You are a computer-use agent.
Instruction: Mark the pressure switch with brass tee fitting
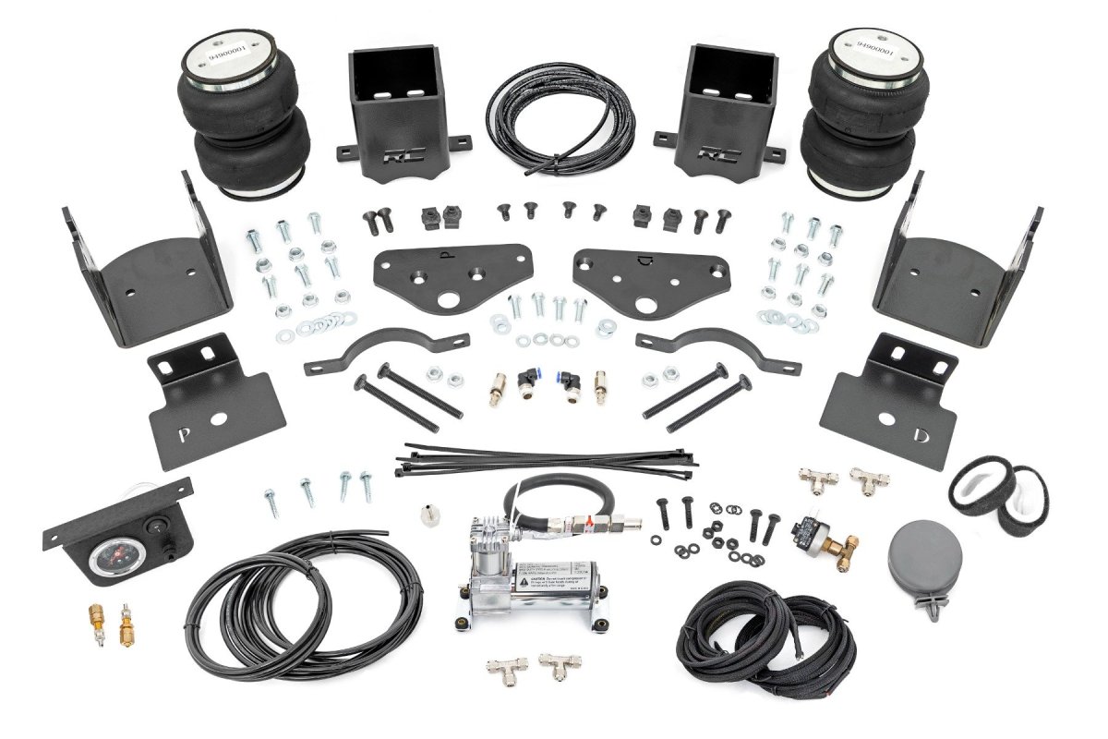coord(811,532)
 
